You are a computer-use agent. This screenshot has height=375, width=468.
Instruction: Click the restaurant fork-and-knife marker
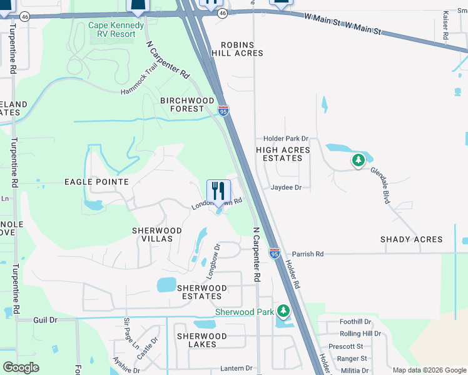[x=218, y=191]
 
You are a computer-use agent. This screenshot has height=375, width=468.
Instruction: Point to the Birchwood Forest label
[x=188, y=104]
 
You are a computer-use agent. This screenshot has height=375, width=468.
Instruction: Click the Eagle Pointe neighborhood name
[x=96, y=182]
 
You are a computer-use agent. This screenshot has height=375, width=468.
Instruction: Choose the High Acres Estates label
[x=279, y=154]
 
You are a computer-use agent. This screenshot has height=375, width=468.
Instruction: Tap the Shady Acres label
[x=411, y=239]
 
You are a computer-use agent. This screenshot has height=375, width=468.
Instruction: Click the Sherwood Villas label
[x=156, y=235]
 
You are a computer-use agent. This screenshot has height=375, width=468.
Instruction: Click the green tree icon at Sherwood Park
[x=283, y=310]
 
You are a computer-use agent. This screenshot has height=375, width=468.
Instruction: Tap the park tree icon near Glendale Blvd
[x=358, y=161]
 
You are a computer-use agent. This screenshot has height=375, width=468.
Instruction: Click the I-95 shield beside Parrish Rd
[x=275, y=253]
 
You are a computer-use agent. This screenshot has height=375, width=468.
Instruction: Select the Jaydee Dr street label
[x=286, y=187]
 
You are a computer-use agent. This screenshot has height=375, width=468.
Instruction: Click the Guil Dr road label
[x=45, y=319]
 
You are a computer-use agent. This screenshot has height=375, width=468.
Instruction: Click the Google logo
[x=21, y=367]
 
